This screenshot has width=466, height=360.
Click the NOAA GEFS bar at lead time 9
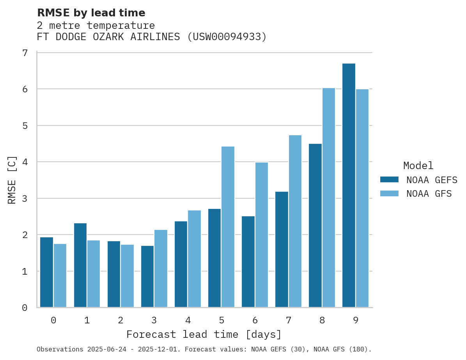tap(349, 185)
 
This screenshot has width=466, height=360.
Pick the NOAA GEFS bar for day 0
tap(47, 272)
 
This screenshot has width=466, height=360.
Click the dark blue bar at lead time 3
tap(147, 276)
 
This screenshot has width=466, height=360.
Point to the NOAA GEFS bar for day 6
tap(248, 261)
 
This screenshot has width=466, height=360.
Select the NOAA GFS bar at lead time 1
tap(94, 274)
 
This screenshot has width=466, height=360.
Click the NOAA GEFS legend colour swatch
tap(389, 180)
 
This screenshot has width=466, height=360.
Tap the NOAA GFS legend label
tap(429, 194)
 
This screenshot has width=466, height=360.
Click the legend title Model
tap(418, 166)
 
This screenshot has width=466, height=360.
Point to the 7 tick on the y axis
tap(25, 53)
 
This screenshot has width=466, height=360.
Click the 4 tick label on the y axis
tap(25, 162)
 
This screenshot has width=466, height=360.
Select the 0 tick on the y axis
tap(25, 308)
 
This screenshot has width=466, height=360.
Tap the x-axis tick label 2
tap(120, 320)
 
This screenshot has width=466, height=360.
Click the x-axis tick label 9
tap(356, 320)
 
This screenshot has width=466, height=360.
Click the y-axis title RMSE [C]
tap(12, 180)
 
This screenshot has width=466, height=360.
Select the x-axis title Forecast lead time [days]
tap(204, 334)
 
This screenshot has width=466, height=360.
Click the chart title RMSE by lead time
tap(91, 13)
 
